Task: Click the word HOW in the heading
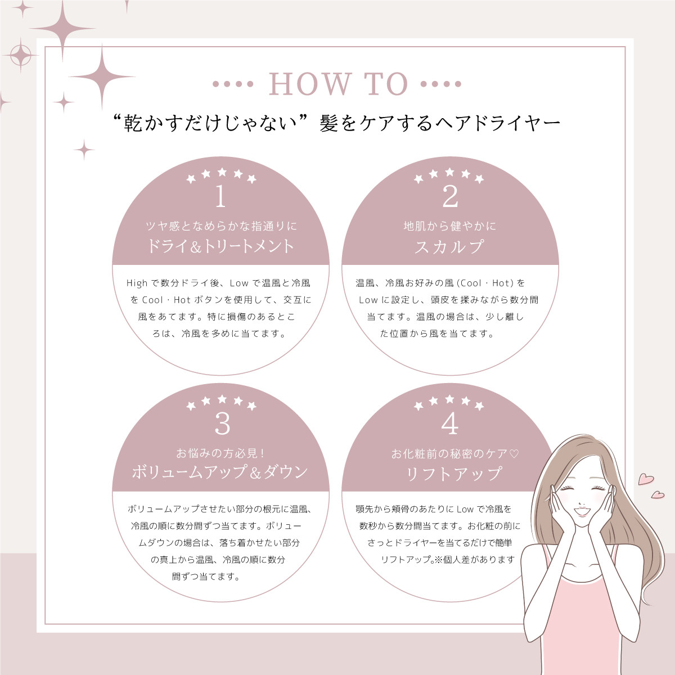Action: (310, 84)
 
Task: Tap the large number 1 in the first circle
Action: (220, 196)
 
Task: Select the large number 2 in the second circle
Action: (450, 196)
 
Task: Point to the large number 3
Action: (222, 424)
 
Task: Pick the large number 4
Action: (450, 423)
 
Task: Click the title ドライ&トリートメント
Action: (220, 246)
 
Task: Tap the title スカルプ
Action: (450, 246)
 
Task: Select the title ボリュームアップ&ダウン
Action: (220, 472)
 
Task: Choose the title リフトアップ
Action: (453, 473)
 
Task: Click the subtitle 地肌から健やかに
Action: (450, 226)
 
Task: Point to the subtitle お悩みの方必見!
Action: (220, 453)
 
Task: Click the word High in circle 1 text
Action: (137, 283)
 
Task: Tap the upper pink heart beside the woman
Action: (646, 479)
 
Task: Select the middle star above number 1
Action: (222, 172)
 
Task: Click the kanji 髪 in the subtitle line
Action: (328, 123)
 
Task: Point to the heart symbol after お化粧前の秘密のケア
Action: (514, 454)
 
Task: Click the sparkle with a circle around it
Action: (21, 55)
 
